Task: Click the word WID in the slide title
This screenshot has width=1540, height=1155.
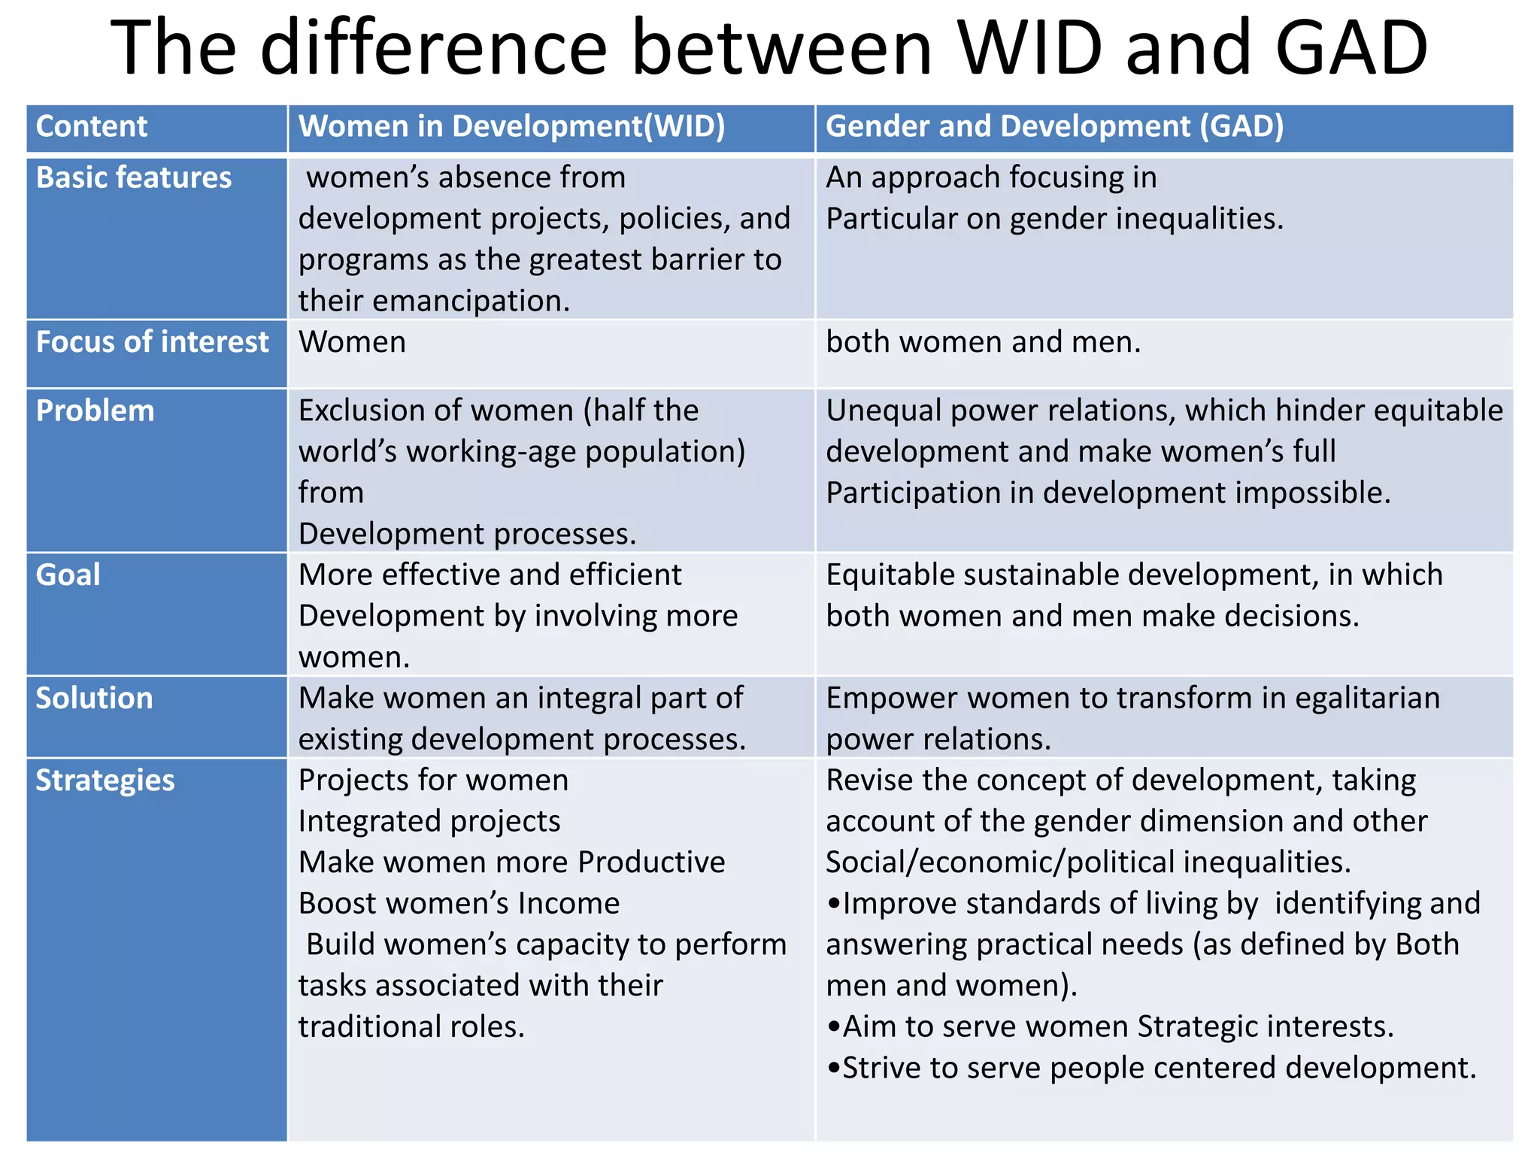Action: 1034,49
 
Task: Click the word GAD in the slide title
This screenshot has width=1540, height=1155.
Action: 1351,49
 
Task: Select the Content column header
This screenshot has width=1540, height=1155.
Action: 92,126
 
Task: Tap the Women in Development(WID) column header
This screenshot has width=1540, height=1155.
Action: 511,126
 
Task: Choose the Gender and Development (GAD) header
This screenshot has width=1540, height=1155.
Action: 1054,126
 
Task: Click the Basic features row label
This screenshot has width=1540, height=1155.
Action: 134,178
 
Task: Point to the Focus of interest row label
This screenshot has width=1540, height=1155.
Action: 152,342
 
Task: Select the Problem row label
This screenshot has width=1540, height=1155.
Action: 95,411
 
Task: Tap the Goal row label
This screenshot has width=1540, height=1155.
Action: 68,575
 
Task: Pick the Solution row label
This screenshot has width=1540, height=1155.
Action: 94,699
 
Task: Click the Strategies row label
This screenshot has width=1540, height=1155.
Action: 105,781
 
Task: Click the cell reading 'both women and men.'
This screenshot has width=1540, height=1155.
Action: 983,342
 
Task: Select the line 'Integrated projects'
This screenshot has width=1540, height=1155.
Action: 429,821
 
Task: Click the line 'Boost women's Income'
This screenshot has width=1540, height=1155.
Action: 459,903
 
